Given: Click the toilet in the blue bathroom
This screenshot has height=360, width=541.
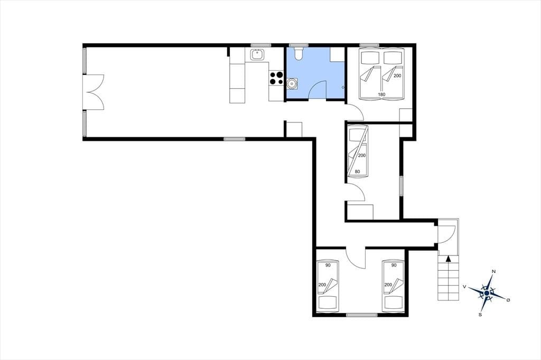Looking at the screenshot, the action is coord(299,53).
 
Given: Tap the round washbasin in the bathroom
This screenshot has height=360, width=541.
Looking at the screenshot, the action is coord(292,83).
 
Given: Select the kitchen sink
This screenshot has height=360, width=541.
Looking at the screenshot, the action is coord(256,54).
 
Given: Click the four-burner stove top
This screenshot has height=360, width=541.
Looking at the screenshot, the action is coord(276,78).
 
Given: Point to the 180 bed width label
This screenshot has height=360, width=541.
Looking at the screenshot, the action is coord(381,94).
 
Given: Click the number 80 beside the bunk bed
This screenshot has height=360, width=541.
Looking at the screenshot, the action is coord(358,172).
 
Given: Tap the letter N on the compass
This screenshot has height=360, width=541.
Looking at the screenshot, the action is coord(494,271).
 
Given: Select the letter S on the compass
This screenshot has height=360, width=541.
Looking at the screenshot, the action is coord(480,315).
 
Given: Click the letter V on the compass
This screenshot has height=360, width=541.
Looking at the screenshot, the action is coord(465,287).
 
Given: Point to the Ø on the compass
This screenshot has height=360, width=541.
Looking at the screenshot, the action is coord(508,300).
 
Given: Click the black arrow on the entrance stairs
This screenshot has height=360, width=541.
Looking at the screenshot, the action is coord(448,259).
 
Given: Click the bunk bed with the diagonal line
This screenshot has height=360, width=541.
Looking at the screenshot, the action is coord(358,151).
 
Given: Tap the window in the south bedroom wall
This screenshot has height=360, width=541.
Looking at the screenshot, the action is coord(361,315).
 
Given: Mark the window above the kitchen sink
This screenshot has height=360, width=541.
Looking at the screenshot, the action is coord(261,45).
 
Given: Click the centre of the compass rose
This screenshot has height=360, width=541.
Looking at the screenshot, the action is coord(487,293).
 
